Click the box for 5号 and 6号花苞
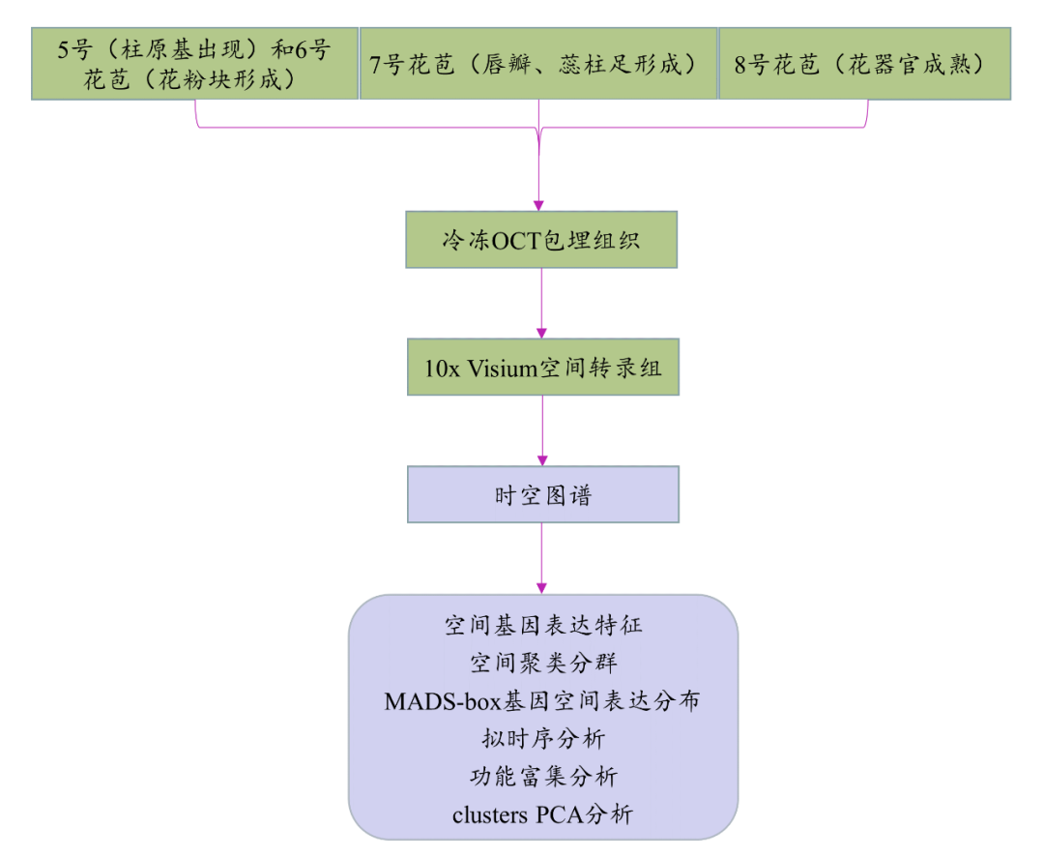194,63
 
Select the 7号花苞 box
537,63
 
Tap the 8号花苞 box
864,63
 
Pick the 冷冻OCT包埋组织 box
540,240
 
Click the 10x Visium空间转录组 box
542,367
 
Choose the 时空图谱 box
542,494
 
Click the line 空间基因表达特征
542,626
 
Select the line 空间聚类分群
542,664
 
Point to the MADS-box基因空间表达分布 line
542,701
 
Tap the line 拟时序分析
542,739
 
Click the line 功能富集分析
542,777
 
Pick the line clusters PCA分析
542,814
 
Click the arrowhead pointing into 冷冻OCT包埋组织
539,205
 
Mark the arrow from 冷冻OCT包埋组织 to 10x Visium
541,303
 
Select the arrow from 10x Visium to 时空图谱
541,430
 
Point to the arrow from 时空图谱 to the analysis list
541,559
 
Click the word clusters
489,814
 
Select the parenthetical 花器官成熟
916,64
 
